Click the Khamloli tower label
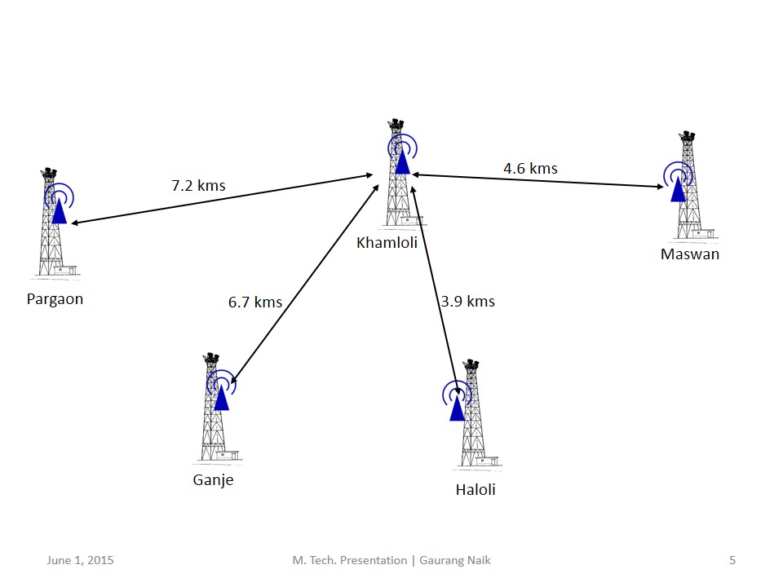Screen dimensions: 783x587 click(387, 243)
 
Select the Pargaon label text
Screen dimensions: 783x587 click(55, 299)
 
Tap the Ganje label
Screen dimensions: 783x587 click(213, 480)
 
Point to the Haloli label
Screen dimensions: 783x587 click(476, 490)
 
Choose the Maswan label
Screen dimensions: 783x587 click(690, 254)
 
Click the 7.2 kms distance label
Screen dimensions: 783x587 click(198, 186)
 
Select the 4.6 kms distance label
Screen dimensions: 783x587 click(530, 169)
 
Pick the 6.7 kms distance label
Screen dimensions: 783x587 click(255, 302)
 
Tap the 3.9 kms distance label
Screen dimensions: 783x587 click(468, 302)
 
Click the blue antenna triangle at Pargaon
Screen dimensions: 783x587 click(60, 212)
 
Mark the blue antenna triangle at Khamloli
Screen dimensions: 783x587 click(402, 162)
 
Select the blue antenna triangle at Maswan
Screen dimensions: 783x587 click(678, 190)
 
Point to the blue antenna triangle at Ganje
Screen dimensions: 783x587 click(221, 399)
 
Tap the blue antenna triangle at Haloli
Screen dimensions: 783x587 click(457, 408)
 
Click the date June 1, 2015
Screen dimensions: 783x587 click(81, 561)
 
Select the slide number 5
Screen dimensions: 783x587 click(732, 560)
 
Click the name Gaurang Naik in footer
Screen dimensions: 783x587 click(455, 561)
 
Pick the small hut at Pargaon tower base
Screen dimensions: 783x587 click(66, 270)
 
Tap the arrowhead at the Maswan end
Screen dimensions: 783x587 click(661, 187)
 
